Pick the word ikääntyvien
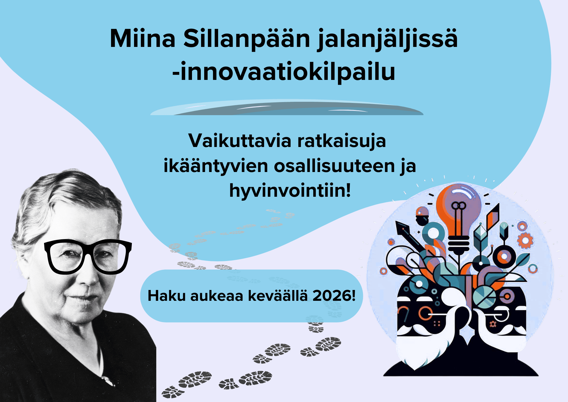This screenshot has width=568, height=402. (216, 166)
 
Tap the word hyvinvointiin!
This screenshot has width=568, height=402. (290, 190)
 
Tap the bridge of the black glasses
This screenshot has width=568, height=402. (88, 250)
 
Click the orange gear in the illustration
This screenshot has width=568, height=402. (525, 241)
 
